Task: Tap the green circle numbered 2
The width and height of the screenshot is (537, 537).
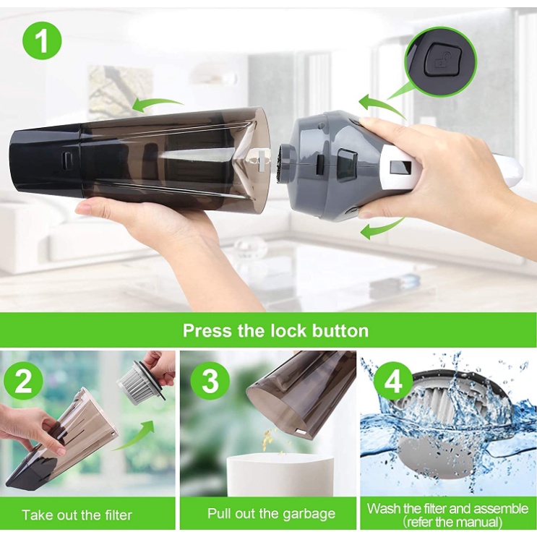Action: tap(23, 382)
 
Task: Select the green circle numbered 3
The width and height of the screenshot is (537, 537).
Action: tap(210, 381)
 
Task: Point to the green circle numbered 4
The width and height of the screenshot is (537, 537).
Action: tap(393, 382)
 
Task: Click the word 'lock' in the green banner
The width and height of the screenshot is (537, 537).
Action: tap(288, 331)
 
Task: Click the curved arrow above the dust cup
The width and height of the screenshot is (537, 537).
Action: tap(158, 105)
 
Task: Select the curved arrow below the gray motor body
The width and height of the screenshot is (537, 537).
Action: tap(384, 228)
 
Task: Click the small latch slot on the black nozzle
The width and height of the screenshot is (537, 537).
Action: tap(66, 160)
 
